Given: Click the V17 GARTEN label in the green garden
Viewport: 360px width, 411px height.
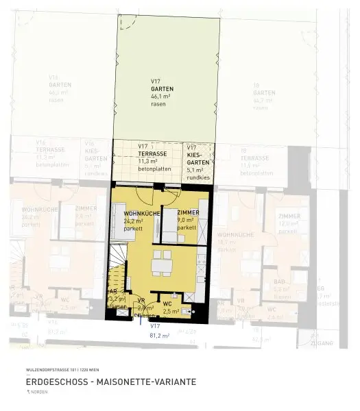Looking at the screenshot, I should [163, 85].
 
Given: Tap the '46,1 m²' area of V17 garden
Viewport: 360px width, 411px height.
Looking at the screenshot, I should [163, 97].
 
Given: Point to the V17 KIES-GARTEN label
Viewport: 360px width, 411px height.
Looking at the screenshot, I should [196, 154].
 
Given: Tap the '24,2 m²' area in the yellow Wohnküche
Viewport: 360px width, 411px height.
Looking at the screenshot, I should [133, 222].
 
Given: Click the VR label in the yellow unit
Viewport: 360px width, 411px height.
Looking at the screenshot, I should [140, 301].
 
